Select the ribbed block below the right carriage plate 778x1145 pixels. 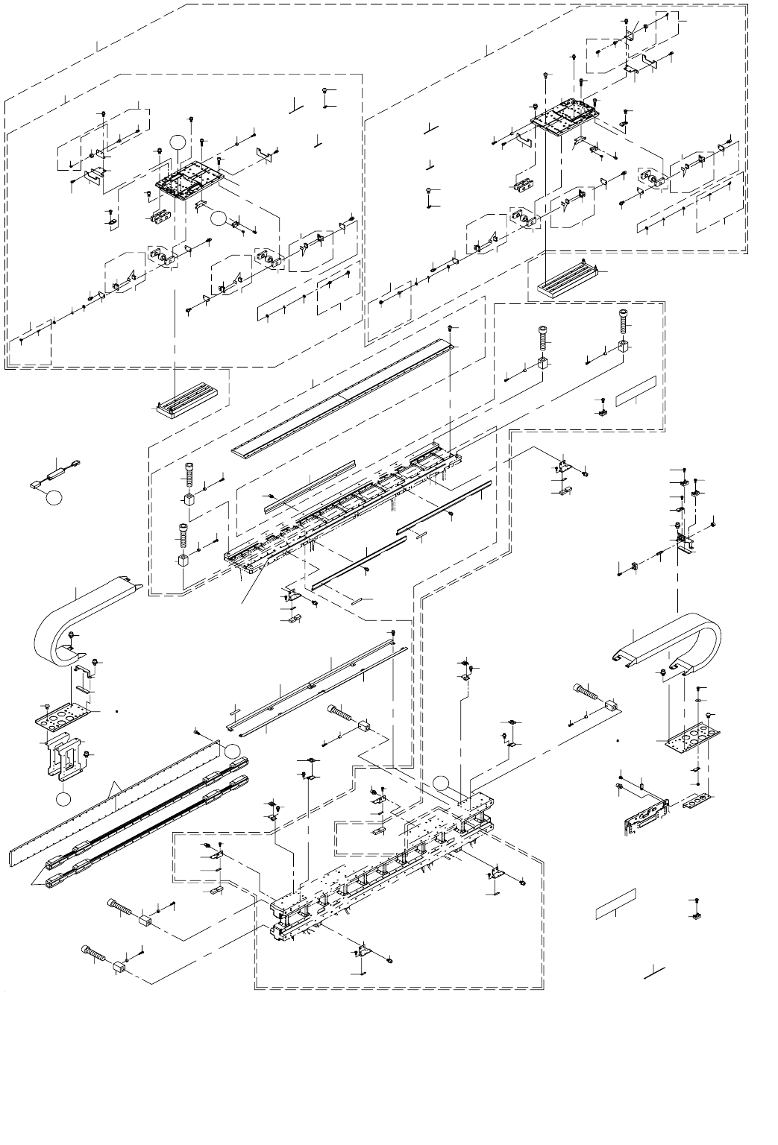(567, 281)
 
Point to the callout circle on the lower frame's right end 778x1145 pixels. (442, 783)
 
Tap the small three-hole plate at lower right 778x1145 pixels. (701, 801)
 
